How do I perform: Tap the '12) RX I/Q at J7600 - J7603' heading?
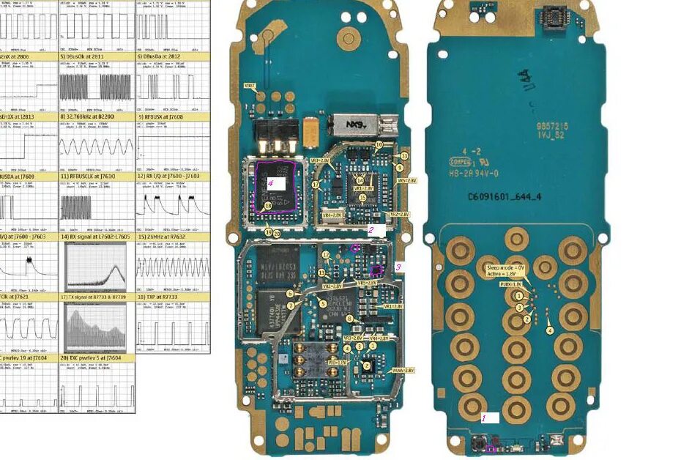(x=173, y=177)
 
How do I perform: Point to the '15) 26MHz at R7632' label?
(x=173, y=237)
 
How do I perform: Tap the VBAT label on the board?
(x=250, y=86)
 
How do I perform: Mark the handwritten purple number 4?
(x=270, y=184)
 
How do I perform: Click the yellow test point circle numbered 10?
(x=379, y=145)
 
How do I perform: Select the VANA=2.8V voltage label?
(x=403, y=371)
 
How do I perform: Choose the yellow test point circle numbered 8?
(x=349, y=318)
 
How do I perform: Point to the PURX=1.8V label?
(x=510, y=284)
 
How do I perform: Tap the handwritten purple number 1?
(x=483, y=418)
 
